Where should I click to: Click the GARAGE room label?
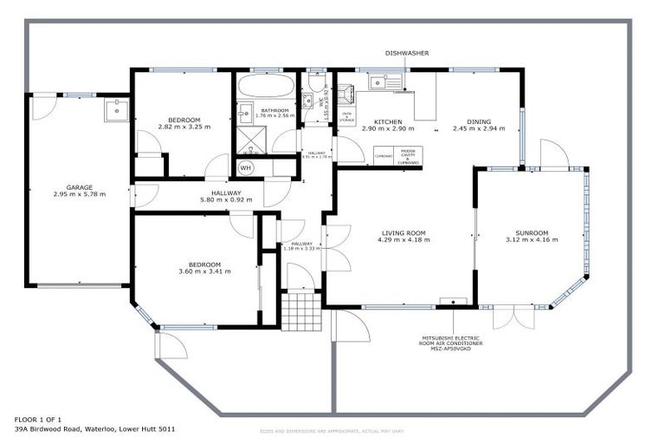(x=79, y=186)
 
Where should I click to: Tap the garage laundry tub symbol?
(x=115, y=110)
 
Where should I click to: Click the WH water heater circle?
(x=246, y=167)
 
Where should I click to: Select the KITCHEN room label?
(x=387, y=121)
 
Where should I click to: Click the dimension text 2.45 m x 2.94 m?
(x=478, y=129)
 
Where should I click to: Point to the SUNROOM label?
(x=532, y=232)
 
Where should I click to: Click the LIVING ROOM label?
(x=404, y=232)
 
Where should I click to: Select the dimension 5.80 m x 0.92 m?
(x=226, y=200)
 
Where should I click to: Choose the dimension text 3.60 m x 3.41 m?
(x=205, y=271)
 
